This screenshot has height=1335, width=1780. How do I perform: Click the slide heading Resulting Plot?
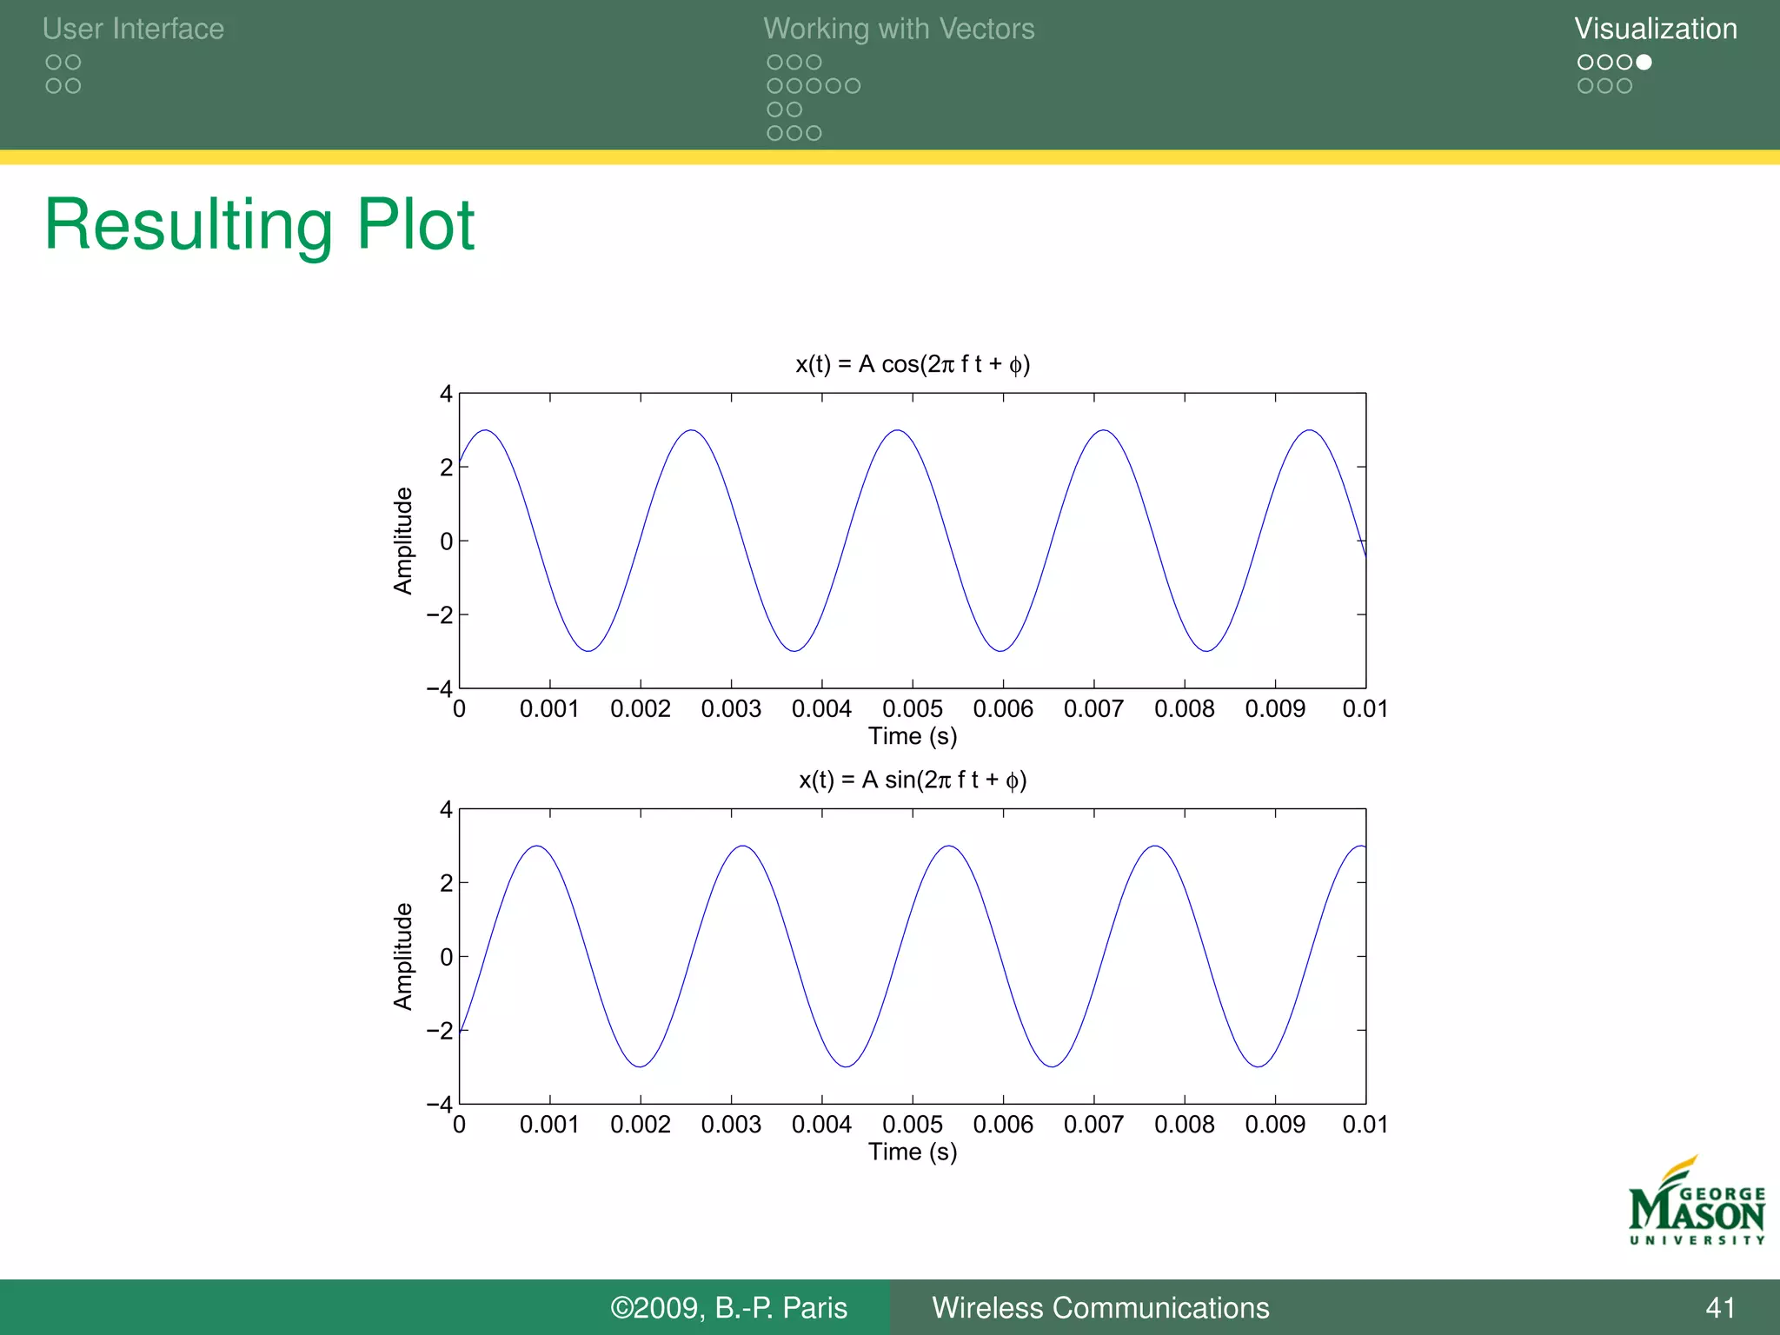[259, 225]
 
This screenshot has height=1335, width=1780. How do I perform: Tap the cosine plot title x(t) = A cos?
[913, 364]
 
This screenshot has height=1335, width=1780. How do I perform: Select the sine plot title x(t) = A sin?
[913, 780]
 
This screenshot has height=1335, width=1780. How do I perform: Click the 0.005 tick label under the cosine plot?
[913, 709]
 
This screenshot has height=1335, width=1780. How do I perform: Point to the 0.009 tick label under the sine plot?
[1275, 1125]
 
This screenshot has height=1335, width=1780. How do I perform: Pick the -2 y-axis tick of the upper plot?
[440, 615]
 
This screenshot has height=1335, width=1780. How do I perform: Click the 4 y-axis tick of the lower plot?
[446, 810]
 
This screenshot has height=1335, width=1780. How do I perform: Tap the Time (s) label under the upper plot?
[913, 736]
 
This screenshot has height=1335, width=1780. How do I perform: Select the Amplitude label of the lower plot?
[403, 956]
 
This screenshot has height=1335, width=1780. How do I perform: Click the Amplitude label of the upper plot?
[403, 541]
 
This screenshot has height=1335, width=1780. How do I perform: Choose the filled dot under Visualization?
[1644, 63]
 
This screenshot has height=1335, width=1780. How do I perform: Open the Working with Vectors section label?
[899, 29]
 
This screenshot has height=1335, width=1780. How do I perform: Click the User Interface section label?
[133, 29]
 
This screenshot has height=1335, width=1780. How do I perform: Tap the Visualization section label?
[1656, 29]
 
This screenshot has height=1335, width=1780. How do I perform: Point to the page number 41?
[1721, 1308]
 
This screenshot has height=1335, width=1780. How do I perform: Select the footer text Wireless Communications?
[1100, 1308]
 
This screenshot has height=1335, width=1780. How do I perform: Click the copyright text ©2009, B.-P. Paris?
[728, 1308]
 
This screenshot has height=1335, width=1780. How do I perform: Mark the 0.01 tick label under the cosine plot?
[1365, 709]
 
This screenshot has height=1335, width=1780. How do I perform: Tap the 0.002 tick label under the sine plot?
[641, 1125]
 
